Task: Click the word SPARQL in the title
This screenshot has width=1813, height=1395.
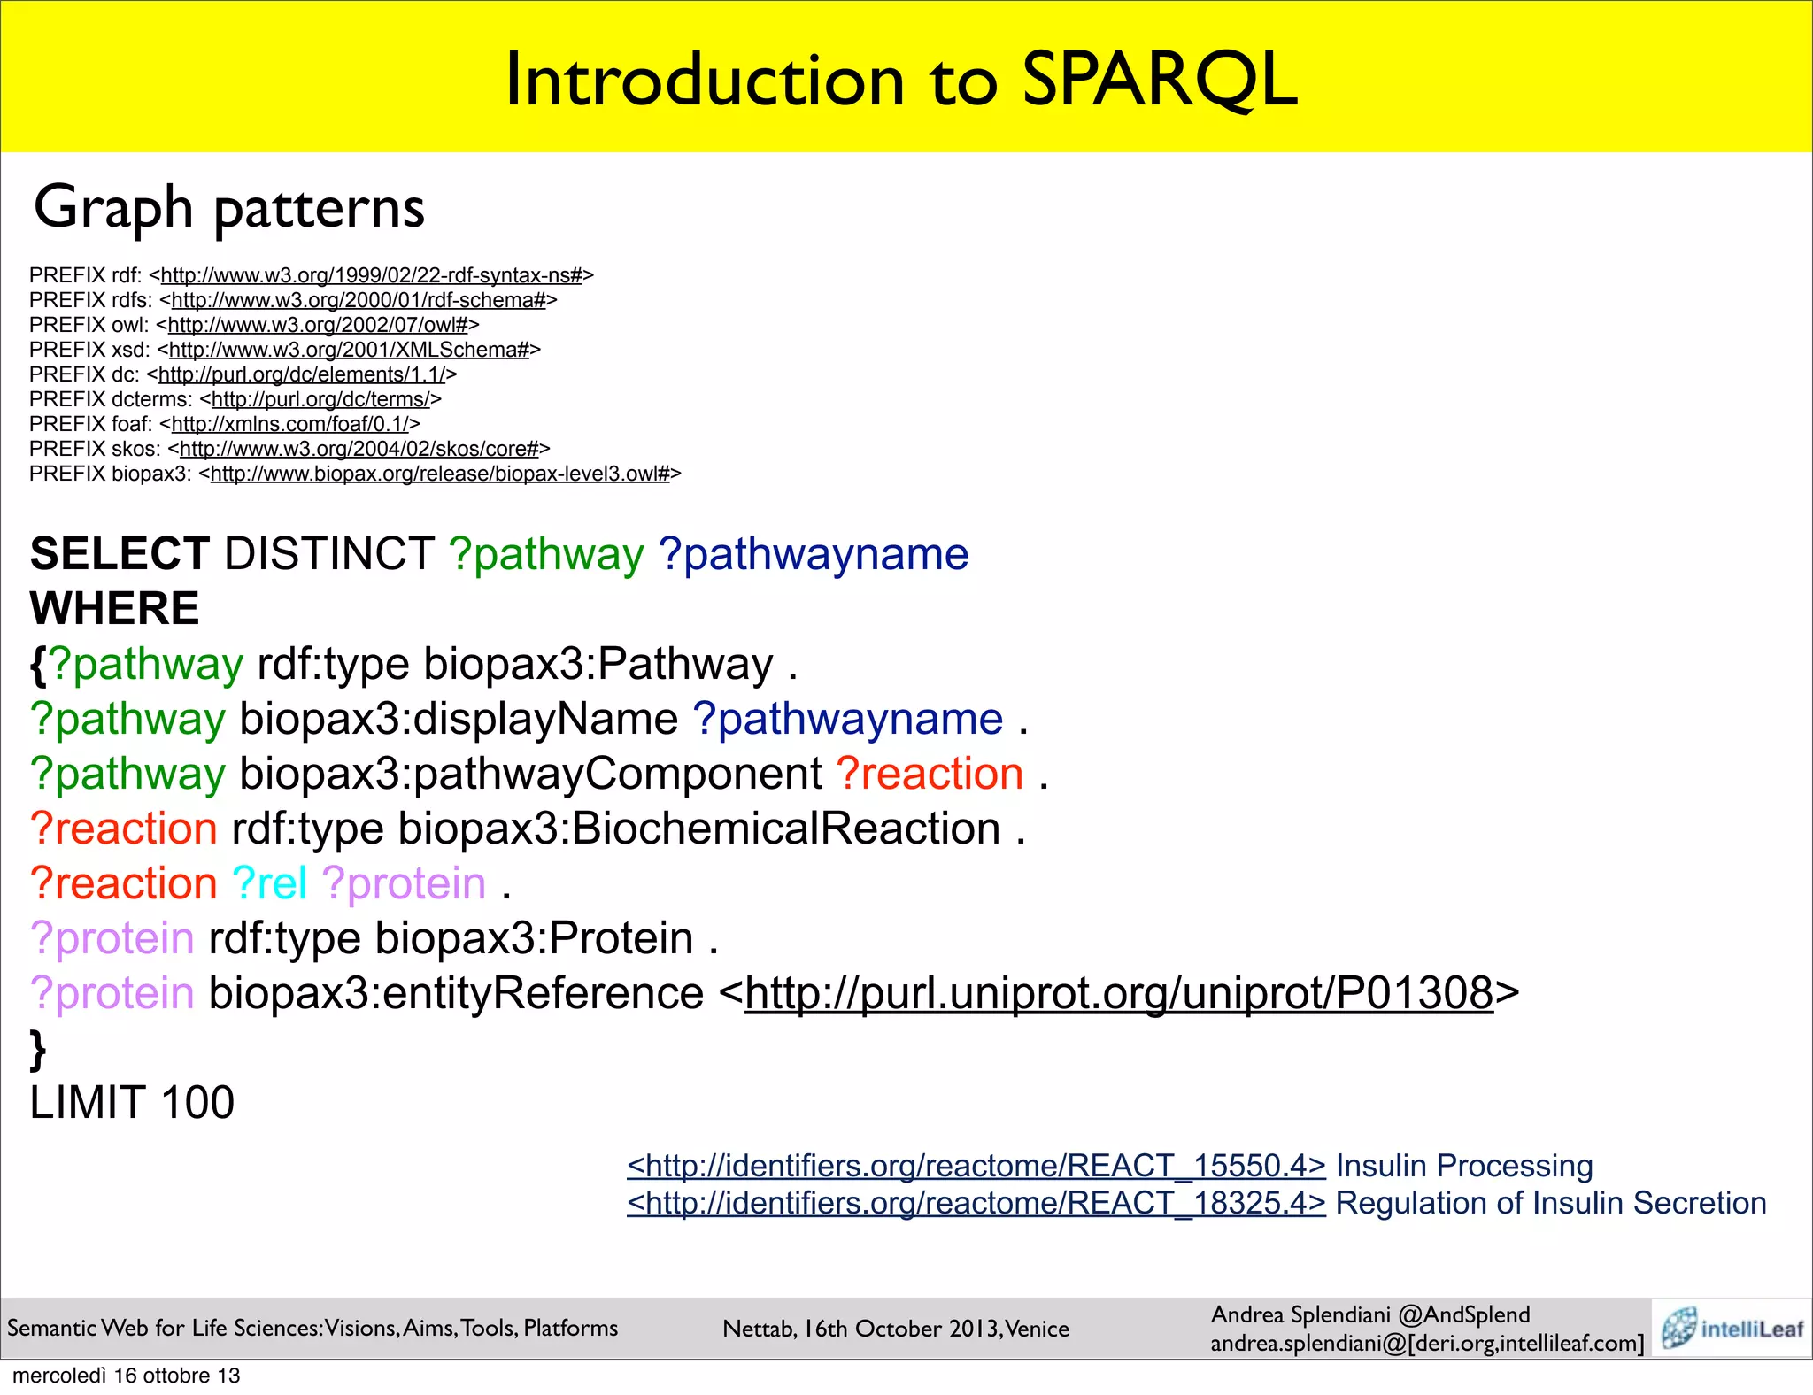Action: pos(1160,80)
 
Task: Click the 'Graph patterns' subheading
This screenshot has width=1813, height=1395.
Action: pos(229,207)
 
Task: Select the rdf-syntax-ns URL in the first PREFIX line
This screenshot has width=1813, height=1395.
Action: pos(372,275)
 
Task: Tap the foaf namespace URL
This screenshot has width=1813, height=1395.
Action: pos(289,424)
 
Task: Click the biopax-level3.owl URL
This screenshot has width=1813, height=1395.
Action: pos(440,474)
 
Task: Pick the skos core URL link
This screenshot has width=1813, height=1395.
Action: pos(359,449)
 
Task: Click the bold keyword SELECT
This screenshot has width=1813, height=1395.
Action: pos(120,554)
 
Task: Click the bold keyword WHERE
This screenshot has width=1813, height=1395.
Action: pos(114,608)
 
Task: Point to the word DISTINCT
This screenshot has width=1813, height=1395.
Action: pos(329,554)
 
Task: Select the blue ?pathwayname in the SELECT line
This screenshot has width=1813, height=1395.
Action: pos(814,554)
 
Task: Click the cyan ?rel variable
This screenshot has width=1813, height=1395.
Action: pos(269,883)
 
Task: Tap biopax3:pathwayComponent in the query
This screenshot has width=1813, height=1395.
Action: pos(530,774)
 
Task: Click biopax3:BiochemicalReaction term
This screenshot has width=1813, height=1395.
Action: pos(698,829)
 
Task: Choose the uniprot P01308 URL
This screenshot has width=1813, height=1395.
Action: pos(1119,993)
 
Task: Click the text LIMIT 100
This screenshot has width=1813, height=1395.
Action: pos(132,1103)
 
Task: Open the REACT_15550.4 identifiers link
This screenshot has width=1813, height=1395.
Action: pos(976,1166)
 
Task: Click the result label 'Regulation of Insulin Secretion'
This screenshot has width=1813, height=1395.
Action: pos(1551,1203)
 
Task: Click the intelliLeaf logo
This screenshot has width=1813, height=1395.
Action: pos(1732,1328)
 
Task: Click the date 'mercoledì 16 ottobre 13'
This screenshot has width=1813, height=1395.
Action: pos(126,1376)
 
